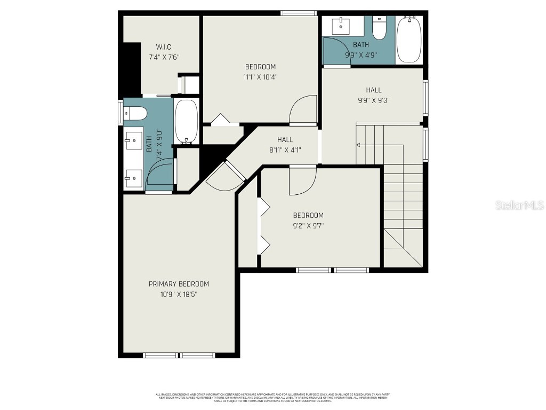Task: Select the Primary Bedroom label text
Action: (x=179, y=284)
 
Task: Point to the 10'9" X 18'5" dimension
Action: (x=179, y=294)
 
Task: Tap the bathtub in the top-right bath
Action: (x=409, y=40)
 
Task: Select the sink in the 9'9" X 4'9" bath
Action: (x=341, y=25)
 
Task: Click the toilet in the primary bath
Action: (x=135, y=113)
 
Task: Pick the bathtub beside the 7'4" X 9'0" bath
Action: (x=186, y=122)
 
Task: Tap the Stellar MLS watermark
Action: (x=519, y=205)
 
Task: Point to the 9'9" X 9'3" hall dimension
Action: (x=373, y=100)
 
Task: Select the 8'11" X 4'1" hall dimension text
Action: (x=285, y=150)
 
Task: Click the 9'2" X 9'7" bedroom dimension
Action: (x=308, y=225)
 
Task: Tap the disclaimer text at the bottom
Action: (x=272, y=398)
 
